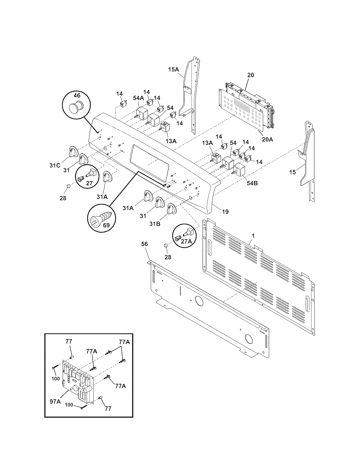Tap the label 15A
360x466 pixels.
(x=173, y=69)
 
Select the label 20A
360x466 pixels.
(x=267, y=139)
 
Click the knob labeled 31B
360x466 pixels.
(x=171, y=209)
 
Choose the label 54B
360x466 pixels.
(x=252, y=183)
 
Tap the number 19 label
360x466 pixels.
(x=225, y=212)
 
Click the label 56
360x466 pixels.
(x=144, y=244)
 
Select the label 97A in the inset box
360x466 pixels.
(x=55, y=401)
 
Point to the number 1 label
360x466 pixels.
(x=253, y=235)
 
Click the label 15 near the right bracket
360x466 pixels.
(x=293, y=172)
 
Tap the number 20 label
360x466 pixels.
(x=250, y=75)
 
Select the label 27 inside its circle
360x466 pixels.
(x=89, y=183)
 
